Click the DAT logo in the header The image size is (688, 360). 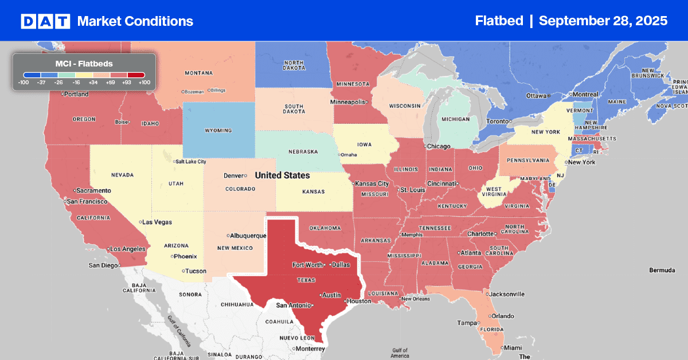(x=45, y=21)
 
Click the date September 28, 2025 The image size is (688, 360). (x=603, y=21)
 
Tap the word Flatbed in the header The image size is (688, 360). (x=499, y=21)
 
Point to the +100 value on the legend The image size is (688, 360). (x=144, y=83)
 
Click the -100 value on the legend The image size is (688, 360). (x=24, y=83)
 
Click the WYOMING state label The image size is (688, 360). (x=218, y=130)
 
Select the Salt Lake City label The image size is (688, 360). (x=190, y=162)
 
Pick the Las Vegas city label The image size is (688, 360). (x=157, y=222)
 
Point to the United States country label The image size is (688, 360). (x=282, y=175)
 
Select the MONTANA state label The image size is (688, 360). (x=198, y=73)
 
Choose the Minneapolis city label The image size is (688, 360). (x=347, y=102)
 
